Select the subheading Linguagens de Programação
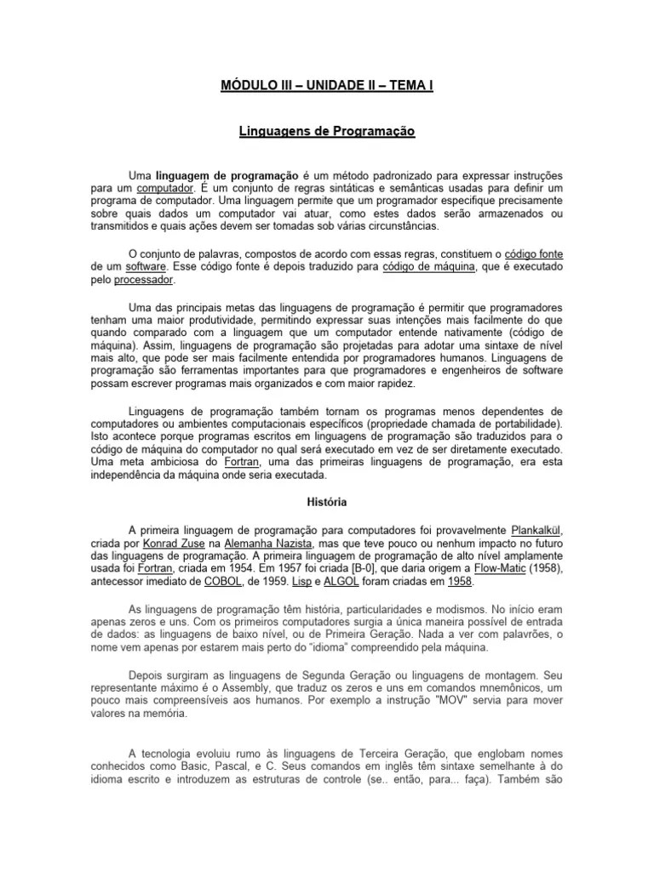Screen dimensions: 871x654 pos(326,133)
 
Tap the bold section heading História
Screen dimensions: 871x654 pos(326,503)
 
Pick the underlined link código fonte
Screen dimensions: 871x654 pos(534,254)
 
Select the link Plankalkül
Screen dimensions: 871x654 pos(536,529)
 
